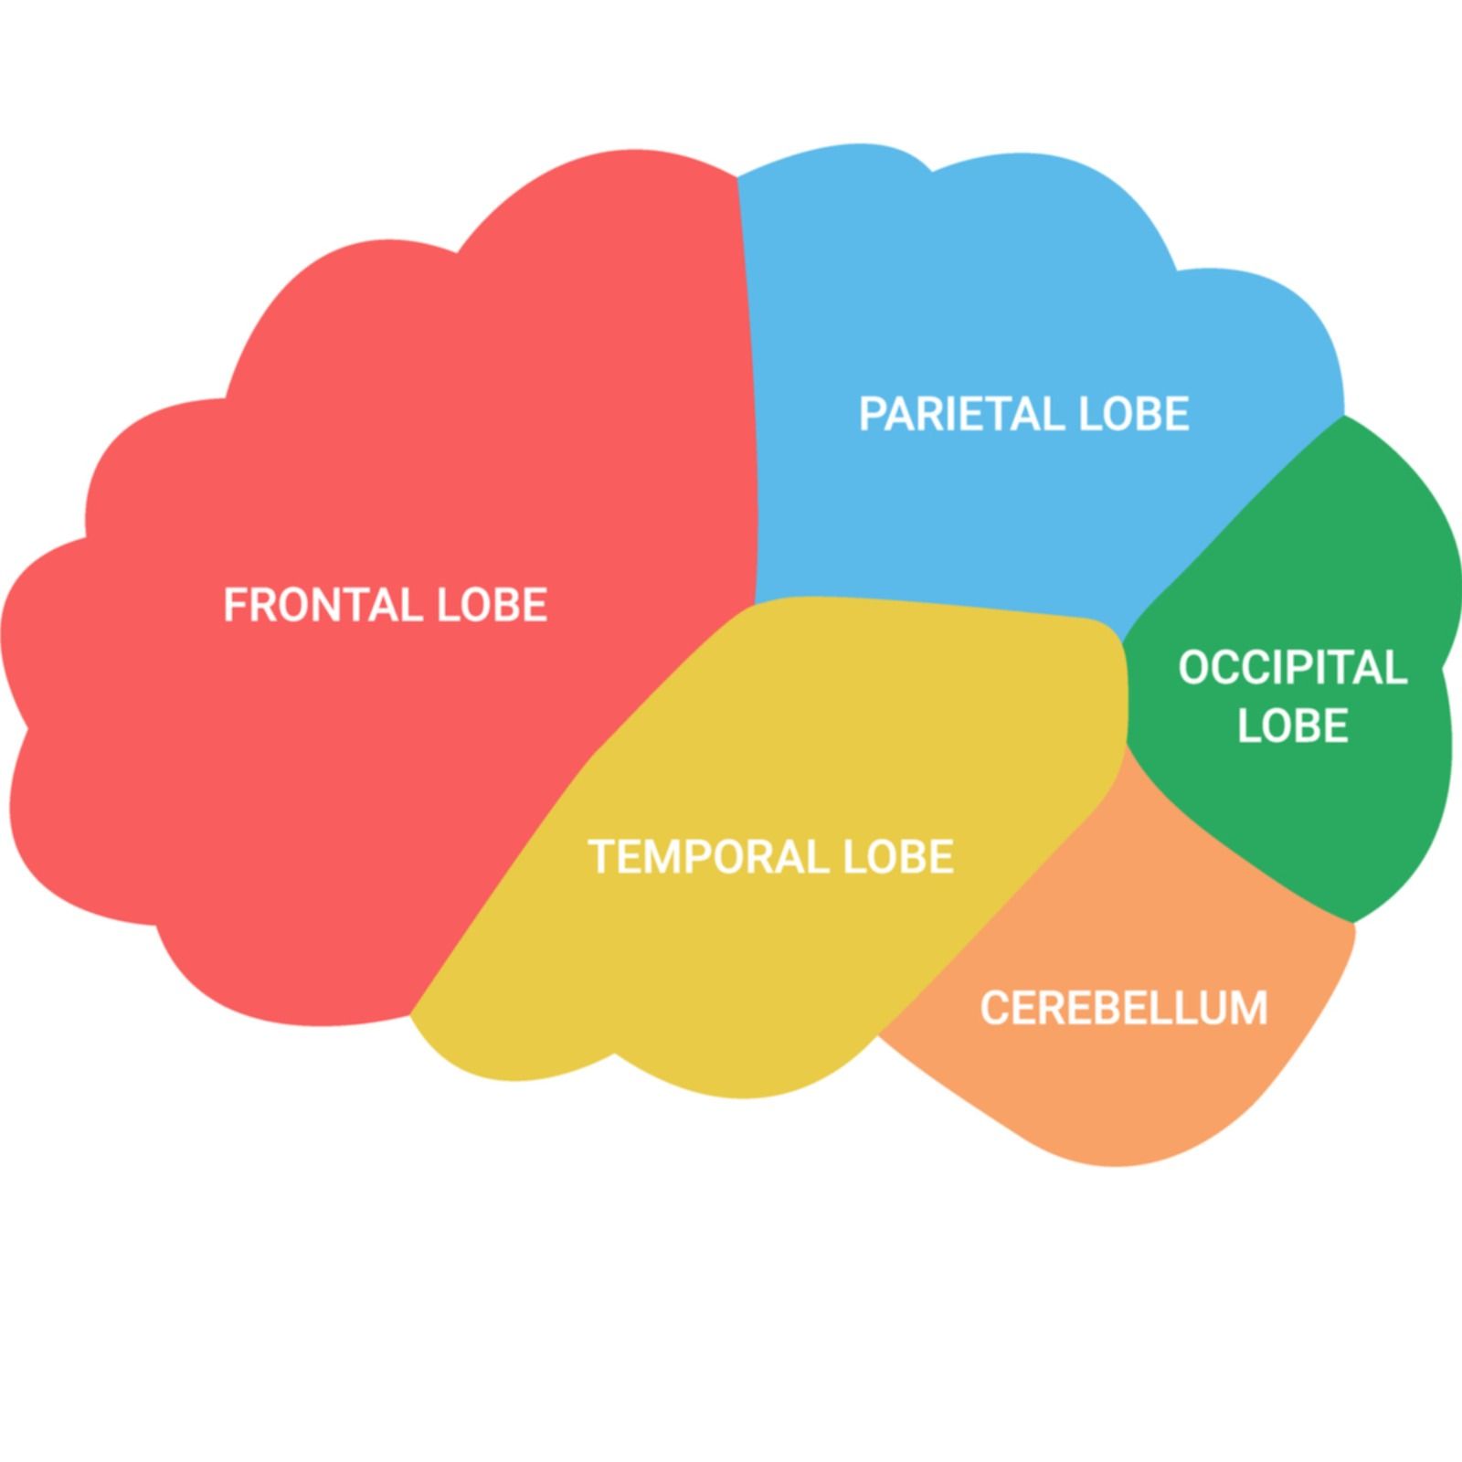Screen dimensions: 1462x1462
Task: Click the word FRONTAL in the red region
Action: pos(323,605)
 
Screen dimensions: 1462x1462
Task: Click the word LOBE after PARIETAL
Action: pos(1134,414)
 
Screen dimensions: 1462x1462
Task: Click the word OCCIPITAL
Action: pos(1292,668)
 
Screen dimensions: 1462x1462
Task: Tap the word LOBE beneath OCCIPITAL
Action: pos(1292,726)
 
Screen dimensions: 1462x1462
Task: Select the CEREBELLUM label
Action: pos(1124,1009)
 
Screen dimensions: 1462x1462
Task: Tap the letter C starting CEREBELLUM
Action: pos(993,1009)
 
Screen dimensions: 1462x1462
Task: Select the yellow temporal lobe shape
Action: pos(777,959)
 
